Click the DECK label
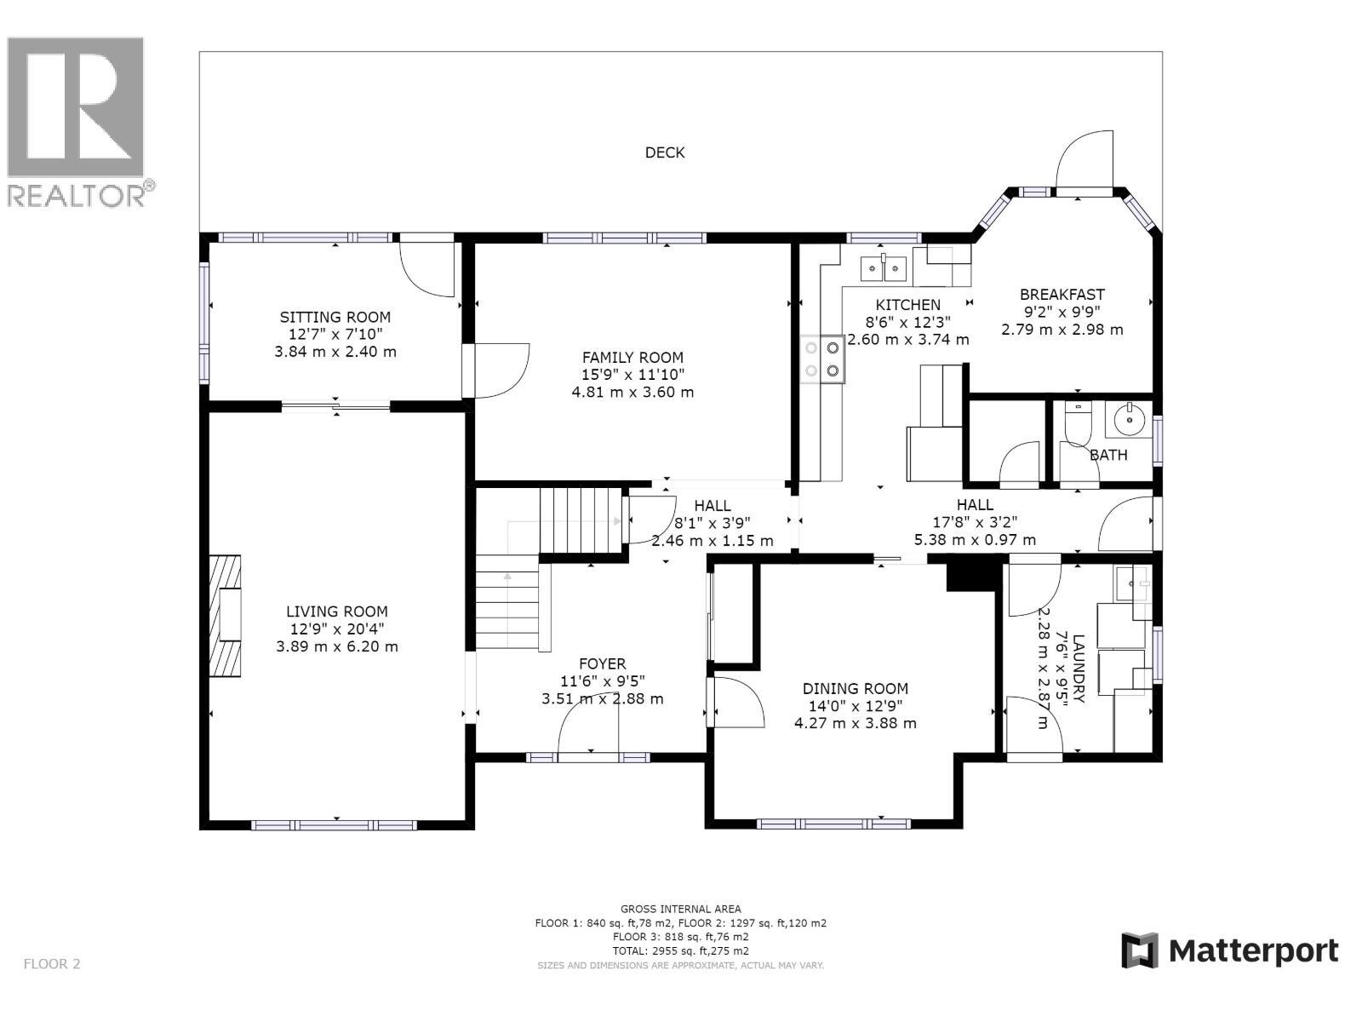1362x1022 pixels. pyautogui.click(x=664, y=152)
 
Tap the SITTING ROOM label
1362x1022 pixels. pyautogui.click(x=335, y=317)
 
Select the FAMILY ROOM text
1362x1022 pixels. pyautogui.click(x=632, y=358)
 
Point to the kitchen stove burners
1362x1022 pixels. pyautogui.click(x=822, y=359)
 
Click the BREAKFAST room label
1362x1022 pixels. pyautogui.click(x=1062, y=295)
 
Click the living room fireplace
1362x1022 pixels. pyautogui.click(x=226, y=615)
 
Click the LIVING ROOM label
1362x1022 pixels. pyautogui.click(x=336, y=611)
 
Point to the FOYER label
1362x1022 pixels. pyautogui.click(x=602, y=663)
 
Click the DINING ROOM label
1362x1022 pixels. pyautogui.click(x=855, y=688)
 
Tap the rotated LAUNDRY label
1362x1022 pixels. pyautogui.click(x=1078, y=669)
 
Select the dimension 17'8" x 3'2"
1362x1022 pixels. pyautogui.click(x=975, y=522)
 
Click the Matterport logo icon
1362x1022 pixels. pyautogui.click(x=1140, y=950)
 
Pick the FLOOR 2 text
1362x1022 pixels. pyautogui.click(x=52, y=964)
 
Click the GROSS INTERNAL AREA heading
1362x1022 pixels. pyautogui.click(x=680, y=909)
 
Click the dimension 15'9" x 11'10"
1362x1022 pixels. pyautogui.click(x=632, y=375)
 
